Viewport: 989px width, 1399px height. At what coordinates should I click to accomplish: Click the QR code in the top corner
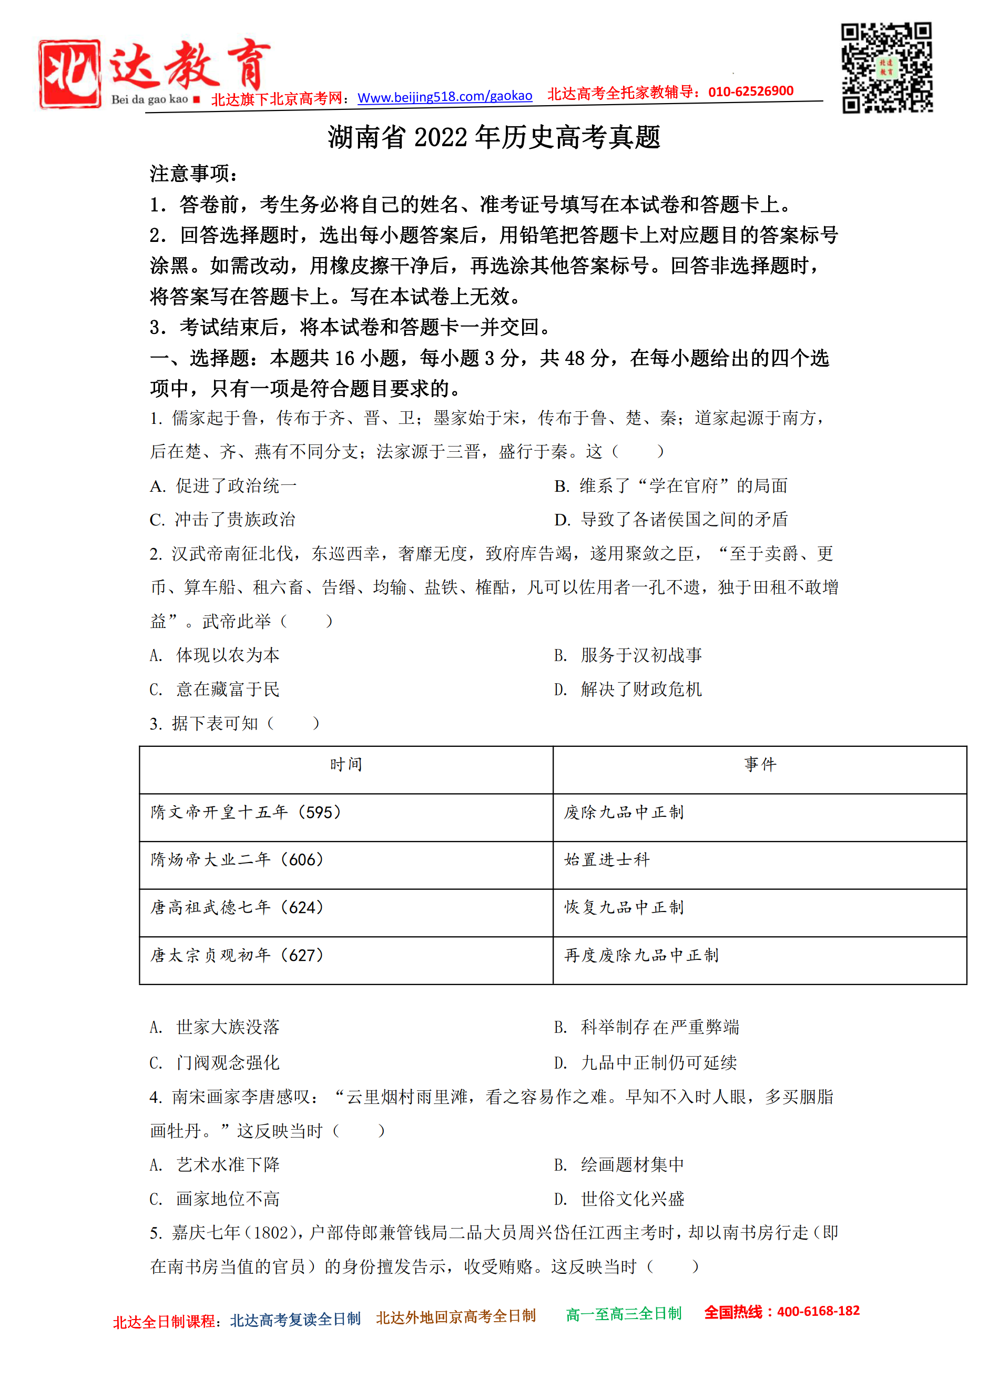pyautogui.click(x=886, y=68)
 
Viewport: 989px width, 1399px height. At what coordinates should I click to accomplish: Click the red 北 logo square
pyautogui.click(x=69, y=74)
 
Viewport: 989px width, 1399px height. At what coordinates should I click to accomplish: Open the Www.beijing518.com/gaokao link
pyautogui.click(x=445, y=97)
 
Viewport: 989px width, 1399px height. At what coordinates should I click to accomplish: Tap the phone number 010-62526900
pyautogui.click(x=751, y=92)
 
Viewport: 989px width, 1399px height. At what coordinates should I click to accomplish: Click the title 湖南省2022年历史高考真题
pyautogui.click(x=494, y=137)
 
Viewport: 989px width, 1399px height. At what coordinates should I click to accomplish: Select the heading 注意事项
pyautogui.click(x=193, y=174)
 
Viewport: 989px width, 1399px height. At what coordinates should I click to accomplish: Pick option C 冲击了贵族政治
pyautogui.click(x=223, y=519)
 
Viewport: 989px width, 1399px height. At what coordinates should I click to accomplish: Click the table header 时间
pyautogui.click(x=346, y=765)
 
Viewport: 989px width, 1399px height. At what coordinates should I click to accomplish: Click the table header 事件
pyautogui.click(x=759, y=765)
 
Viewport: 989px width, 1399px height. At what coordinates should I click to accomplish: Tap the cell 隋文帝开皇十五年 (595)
pyautogui.click(x=246, y=812)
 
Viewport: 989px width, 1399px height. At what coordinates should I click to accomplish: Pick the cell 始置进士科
pyautogui.click(x=607, y=860)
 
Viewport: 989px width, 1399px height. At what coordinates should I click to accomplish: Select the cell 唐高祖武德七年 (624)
pyautogui.click(x=238, y=907)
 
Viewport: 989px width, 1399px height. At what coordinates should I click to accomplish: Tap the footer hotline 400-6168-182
pyautogui.click(x=818, y=1311)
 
